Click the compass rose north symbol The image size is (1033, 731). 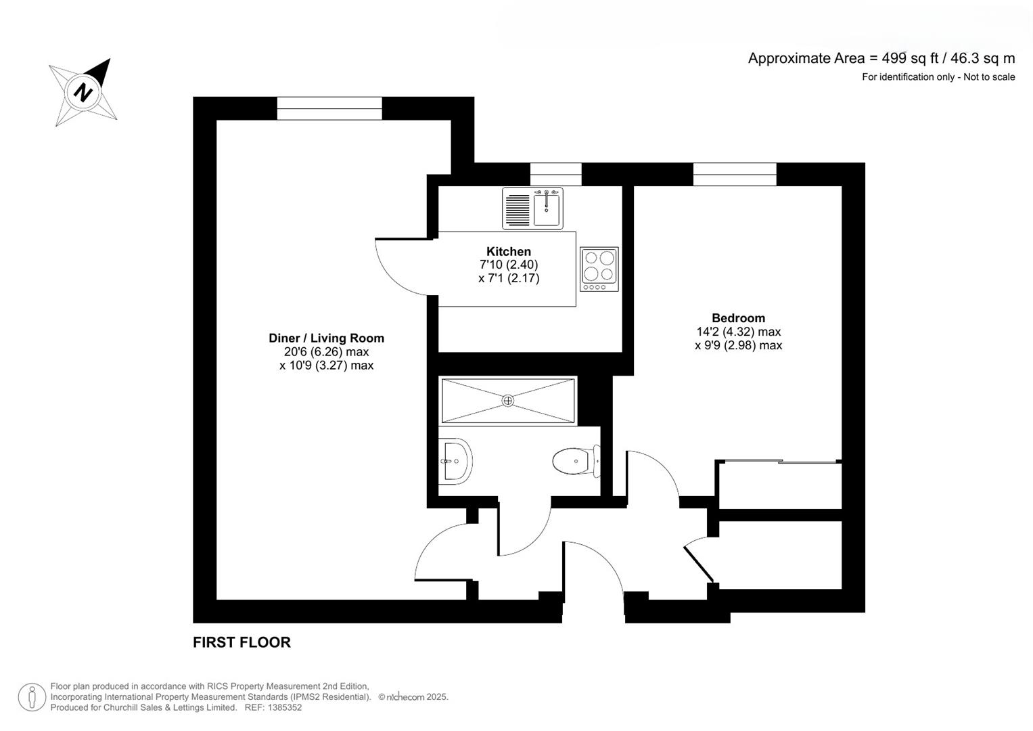click(83, 91)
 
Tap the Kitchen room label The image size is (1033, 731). click(508, 251)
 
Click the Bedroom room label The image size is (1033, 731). click(738, 317)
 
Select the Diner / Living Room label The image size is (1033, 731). click(326, 338)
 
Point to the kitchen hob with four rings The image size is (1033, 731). click(599, 269)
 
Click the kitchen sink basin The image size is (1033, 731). click(547, 208)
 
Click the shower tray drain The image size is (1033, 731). click(507, 401)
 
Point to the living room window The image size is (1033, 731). click(329, 108)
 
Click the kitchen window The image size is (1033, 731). click(555, 174)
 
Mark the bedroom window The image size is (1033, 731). click(735, 174)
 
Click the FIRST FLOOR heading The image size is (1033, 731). click(242, 642)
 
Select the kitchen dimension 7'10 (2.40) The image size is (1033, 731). click(508, 265)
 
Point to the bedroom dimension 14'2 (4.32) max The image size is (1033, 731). click(738, 332)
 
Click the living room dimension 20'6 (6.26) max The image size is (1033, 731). click(326, 352)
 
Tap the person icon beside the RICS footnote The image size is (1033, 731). click(32, 697)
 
